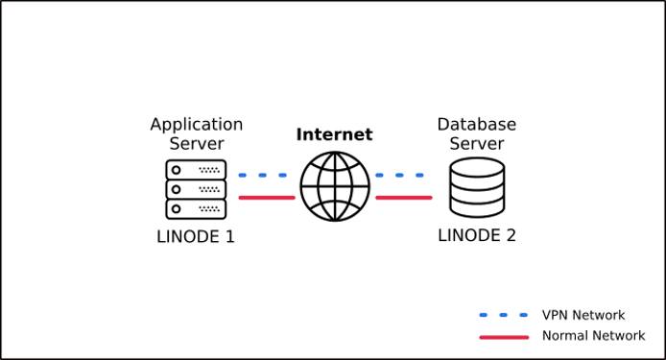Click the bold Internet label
(x=334, y=134)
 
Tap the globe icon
(x=334, y=186)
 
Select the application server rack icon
(x=196, y=188)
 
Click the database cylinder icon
(x=477, y=188)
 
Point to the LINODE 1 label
(x=196, y=236)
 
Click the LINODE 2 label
(x=477, y=235)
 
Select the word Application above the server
(x=197, y=125)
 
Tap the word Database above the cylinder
(x=477, y=125)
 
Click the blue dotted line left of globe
(x=263, y=176)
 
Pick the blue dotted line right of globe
(x=400, y=176)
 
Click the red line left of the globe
(x=266, y=198)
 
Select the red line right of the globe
(x=403, y=198)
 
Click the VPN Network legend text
(x=583, y=315)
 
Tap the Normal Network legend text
(x=593, y=336)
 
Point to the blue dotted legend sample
(x=504, y=315)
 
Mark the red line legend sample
(x=504, y=337)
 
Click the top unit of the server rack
(x=196, y=169)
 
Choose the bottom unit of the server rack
(x=196, y=207)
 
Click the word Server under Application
(x=197, y=144)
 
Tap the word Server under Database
(x=477, y=144)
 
